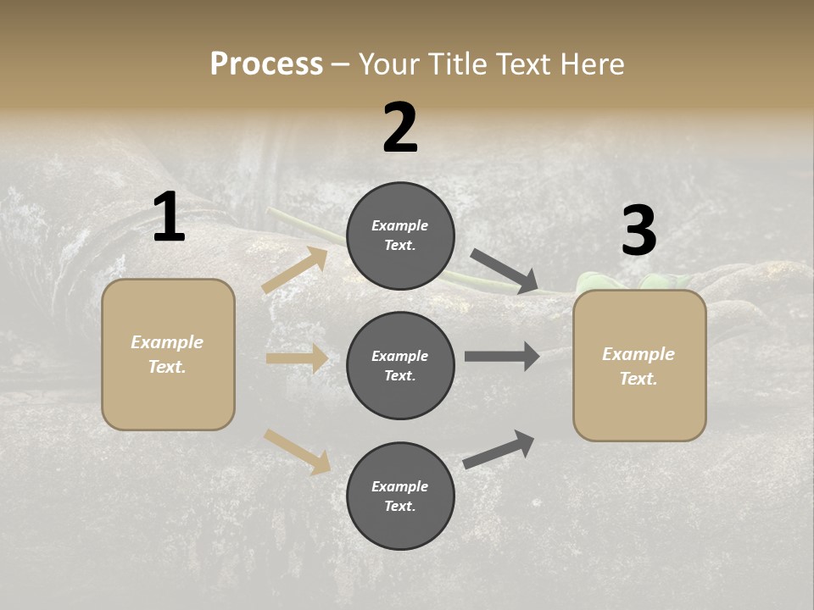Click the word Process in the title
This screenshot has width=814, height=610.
266,64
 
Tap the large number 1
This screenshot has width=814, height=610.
169,218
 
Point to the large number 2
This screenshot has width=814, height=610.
400,128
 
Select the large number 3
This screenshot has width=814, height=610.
638,230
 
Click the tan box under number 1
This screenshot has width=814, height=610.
168,354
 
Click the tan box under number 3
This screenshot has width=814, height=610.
639,366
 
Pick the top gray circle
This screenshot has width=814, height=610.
400,236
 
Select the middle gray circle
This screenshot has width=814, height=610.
400,366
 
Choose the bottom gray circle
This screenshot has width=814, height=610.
400,496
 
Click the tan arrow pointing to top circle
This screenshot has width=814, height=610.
295,269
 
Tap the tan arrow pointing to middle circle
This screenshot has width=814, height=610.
297,358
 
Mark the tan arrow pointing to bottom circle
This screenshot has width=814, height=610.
297,451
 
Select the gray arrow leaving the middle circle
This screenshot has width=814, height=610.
502,356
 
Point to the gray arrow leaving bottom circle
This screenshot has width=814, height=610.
499,449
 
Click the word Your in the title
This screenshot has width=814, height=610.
388,64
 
